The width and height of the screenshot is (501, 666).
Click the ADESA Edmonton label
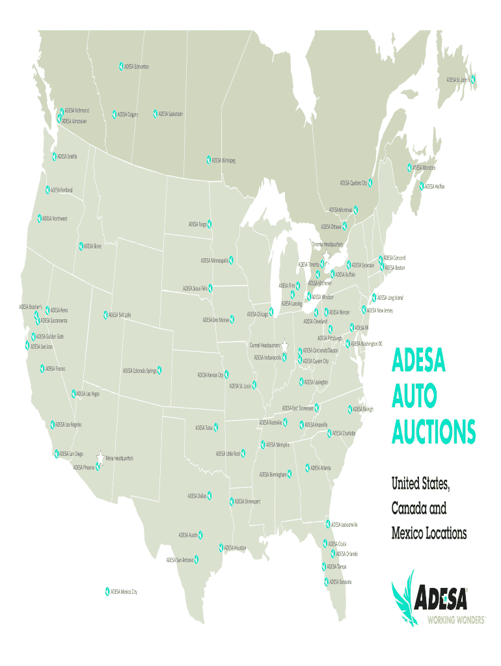(x=137, y=66)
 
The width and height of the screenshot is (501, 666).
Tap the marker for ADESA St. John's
(x=473, y=79)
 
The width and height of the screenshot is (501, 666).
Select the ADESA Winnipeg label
(x=223, y=160)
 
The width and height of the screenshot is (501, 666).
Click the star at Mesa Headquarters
(x=100, y=457)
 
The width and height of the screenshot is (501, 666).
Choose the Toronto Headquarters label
(x=327, y=245)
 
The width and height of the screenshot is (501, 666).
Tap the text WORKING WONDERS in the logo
(x=456, y=620)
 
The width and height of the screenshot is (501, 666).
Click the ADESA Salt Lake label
(x=120, y=315)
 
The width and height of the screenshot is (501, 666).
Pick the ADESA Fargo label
(x=198, y=224)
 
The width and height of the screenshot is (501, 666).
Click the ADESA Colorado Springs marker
(x=159, y=370)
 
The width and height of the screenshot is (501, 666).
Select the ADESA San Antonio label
(x=180, y=559)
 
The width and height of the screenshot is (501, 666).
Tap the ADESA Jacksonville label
(x=345, y=524)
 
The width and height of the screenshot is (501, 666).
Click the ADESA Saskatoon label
(x=170, y=114)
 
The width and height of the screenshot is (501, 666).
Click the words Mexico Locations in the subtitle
(x=429, y=534)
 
